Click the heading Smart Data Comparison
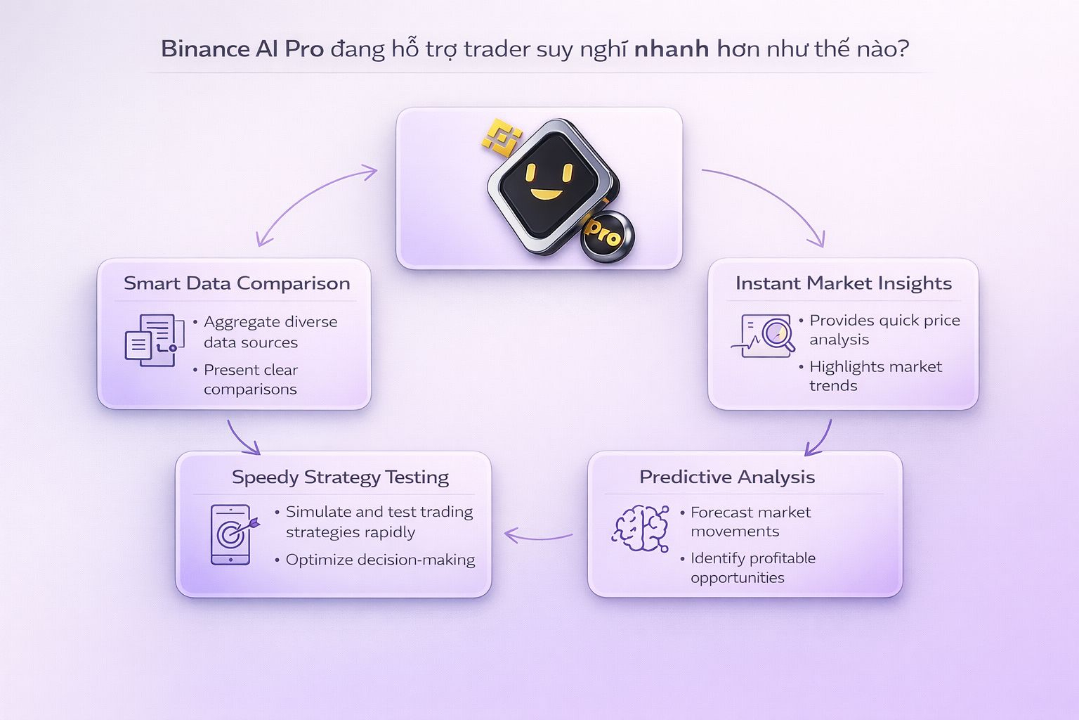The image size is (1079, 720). [x=237, y=283]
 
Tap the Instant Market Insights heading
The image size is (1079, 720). [x=843, y=283]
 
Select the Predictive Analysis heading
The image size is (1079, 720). [x=727, y=477]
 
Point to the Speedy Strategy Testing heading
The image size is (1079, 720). [x=340, y=477]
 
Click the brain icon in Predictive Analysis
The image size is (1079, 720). [x=640, y=528]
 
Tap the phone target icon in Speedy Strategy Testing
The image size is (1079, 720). [x=232, y=534]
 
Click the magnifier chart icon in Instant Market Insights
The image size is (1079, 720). [x=766, y=335]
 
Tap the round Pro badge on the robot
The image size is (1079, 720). [x=606, y=237]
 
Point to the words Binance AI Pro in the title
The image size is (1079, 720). [x=242, y=49]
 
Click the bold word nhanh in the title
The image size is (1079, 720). [x=671, y=49]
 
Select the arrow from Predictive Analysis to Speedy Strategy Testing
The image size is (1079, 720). [x=539, y=536]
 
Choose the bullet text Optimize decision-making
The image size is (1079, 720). [x=380, y=560]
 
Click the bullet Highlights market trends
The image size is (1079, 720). [x=875, y=376]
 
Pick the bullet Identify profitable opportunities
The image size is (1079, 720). [x=752, y=568]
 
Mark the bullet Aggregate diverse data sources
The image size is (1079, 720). [x=270, y=332]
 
